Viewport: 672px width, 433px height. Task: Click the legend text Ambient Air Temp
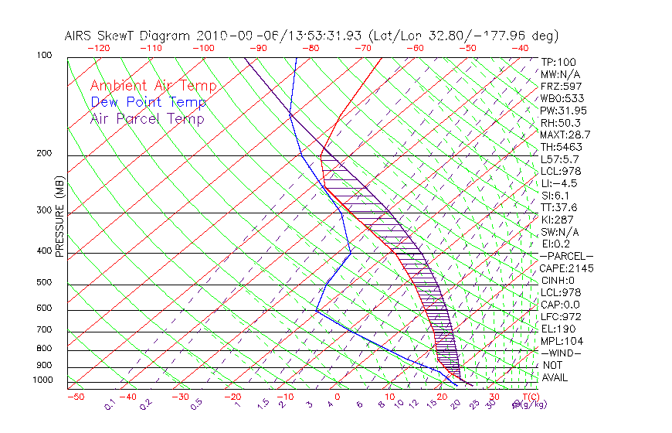[153, 86]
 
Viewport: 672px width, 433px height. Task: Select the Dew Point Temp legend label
[148, 102]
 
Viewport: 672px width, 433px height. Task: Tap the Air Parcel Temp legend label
[147, 118]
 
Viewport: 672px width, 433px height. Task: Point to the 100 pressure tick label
[43, 56]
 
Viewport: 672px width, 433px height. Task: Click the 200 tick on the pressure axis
[43, 154]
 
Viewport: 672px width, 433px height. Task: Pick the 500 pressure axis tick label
[43, 283]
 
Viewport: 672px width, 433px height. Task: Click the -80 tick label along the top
[311, 48]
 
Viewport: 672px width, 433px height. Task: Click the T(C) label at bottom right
[527, 397]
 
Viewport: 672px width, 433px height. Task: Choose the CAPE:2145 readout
[565, 268]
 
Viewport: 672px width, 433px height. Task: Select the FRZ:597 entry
[561, 87]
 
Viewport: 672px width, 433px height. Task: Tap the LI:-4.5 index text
[559, 183]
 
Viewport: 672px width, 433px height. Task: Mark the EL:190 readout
[557, 329]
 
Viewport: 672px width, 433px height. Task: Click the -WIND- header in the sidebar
[562, 353]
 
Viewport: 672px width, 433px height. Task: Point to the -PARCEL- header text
[566, 256]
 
